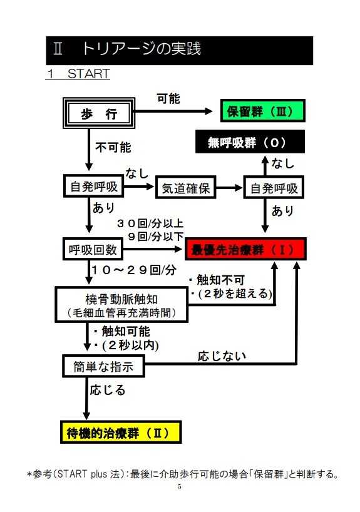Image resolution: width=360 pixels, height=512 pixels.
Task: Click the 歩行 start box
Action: coord(99,113)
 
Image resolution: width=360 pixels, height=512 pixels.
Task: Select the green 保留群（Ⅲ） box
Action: coord(263,111)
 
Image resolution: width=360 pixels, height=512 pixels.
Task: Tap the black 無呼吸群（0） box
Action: coord(250,141)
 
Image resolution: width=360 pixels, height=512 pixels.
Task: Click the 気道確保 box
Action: coord(185,187)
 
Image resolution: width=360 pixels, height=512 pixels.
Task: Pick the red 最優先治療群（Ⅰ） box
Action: coord(245,249)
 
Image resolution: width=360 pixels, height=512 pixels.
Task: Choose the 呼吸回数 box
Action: coord(93,249)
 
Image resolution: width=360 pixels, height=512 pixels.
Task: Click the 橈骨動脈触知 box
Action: coord(121,305)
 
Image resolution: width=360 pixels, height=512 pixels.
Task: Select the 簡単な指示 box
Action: coord(103,366)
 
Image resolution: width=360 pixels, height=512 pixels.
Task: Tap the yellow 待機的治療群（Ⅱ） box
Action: coord(121,432)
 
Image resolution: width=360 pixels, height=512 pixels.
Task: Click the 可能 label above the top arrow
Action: coord(168,99)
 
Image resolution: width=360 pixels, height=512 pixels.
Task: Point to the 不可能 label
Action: coord(113,147)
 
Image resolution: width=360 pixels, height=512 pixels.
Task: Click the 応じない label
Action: coord(222,356)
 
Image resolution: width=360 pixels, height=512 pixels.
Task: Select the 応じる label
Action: coord(108,390)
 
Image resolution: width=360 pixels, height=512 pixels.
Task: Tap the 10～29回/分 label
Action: coord(134,270)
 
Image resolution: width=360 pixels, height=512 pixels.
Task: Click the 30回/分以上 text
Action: coord(150,223)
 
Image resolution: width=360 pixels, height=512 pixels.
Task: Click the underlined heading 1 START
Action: coord(78,73)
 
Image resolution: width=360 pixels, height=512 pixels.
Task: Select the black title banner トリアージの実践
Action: coord(179,50)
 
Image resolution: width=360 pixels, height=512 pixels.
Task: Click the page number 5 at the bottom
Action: coord(179,486)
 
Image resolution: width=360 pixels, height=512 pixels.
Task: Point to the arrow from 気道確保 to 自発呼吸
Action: coord(229,188)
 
